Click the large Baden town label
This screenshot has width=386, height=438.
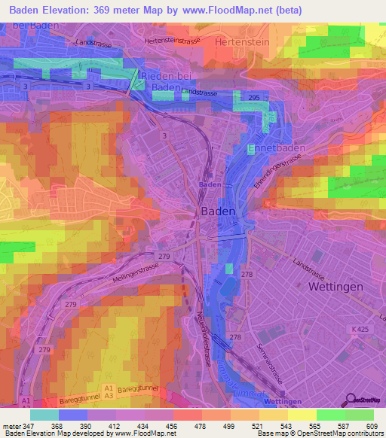pos(219,212)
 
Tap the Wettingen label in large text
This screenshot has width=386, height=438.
pos(335,287)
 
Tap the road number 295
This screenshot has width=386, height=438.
pos(254,99)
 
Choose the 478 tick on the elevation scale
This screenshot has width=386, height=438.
pos(202,425)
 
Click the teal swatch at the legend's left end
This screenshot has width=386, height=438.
pos(44,415)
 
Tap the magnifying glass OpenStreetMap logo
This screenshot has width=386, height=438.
pos(352,400)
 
